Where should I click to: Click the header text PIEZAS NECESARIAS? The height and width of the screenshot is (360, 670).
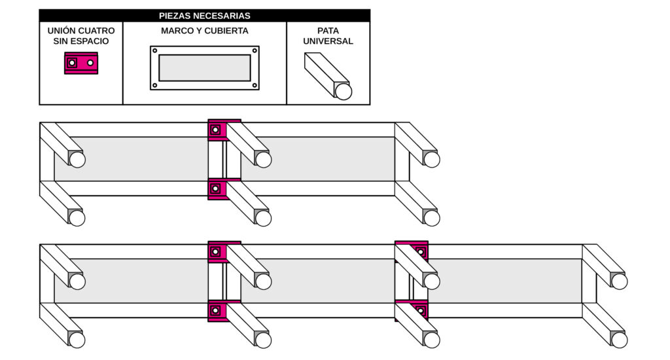tap(204, 16)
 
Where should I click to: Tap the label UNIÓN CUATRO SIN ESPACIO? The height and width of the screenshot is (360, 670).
tap(80, 36)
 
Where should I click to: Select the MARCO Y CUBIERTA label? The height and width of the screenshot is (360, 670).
tap(204, 31)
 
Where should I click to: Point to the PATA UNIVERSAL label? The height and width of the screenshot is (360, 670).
tap(328, 36)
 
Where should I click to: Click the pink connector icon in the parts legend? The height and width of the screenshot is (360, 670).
tap(81, 63)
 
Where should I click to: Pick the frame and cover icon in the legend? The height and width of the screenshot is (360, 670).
tap(205, 68)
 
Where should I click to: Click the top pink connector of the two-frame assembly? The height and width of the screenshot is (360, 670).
tap(218, 130)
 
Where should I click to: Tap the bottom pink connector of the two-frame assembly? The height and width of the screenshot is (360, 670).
tap(217, 189)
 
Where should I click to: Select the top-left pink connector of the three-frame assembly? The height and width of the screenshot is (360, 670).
tap(218, 252)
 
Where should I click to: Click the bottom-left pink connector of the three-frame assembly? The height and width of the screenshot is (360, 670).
tap(217, 311)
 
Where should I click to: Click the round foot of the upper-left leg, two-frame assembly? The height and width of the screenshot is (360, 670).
tap(77, 160)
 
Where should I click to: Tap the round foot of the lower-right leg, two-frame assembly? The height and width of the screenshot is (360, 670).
tap(432, 218)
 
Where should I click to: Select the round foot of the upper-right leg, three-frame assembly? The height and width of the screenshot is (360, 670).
tap(619, 281)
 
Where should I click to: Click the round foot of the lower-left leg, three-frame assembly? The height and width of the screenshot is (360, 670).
tap(77, 340)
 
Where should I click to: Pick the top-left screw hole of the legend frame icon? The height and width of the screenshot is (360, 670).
tap(154, 50)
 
